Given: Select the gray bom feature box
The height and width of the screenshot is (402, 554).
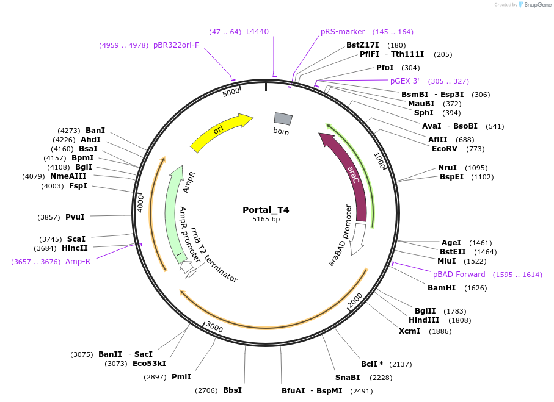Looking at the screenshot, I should pyautogui.click(x=283, y=118).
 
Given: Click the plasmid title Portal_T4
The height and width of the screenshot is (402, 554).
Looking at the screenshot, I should pyautogui.click(x=266, y=210).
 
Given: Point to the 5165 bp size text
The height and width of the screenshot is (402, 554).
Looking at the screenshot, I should pyautogui.click(x=266, y=220).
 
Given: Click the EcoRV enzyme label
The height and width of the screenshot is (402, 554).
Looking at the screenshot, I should pyautogui.click(x=445, y=149).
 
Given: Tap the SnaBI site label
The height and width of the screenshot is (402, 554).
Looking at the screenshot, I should pyautogui.click(x=347, y=377).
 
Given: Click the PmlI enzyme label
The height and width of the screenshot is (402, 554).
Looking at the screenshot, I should pyautogui.click(x=181, y=377).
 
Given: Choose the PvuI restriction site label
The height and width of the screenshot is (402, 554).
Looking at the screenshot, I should pyautogui.click(x=75, y=217).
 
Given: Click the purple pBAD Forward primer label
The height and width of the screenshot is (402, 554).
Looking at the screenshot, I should pyautogui.click(x=459, y=275).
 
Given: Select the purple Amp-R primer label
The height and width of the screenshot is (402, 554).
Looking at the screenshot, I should pyautogui.click(x=78, y=262).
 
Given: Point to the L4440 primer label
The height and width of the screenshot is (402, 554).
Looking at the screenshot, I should pyautogui.click(x=257, y=32).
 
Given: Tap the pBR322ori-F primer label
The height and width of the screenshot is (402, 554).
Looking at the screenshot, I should pyautogui.click(x=176, y=45).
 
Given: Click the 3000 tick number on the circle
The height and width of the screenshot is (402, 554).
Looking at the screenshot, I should pyautogui.click(x=214, y=328).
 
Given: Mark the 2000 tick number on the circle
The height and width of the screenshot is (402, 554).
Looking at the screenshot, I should pyautogui.click(x=355, y=301).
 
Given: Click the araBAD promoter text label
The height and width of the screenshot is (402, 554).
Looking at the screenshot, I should pyautogui.click(x=341, y=235).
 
